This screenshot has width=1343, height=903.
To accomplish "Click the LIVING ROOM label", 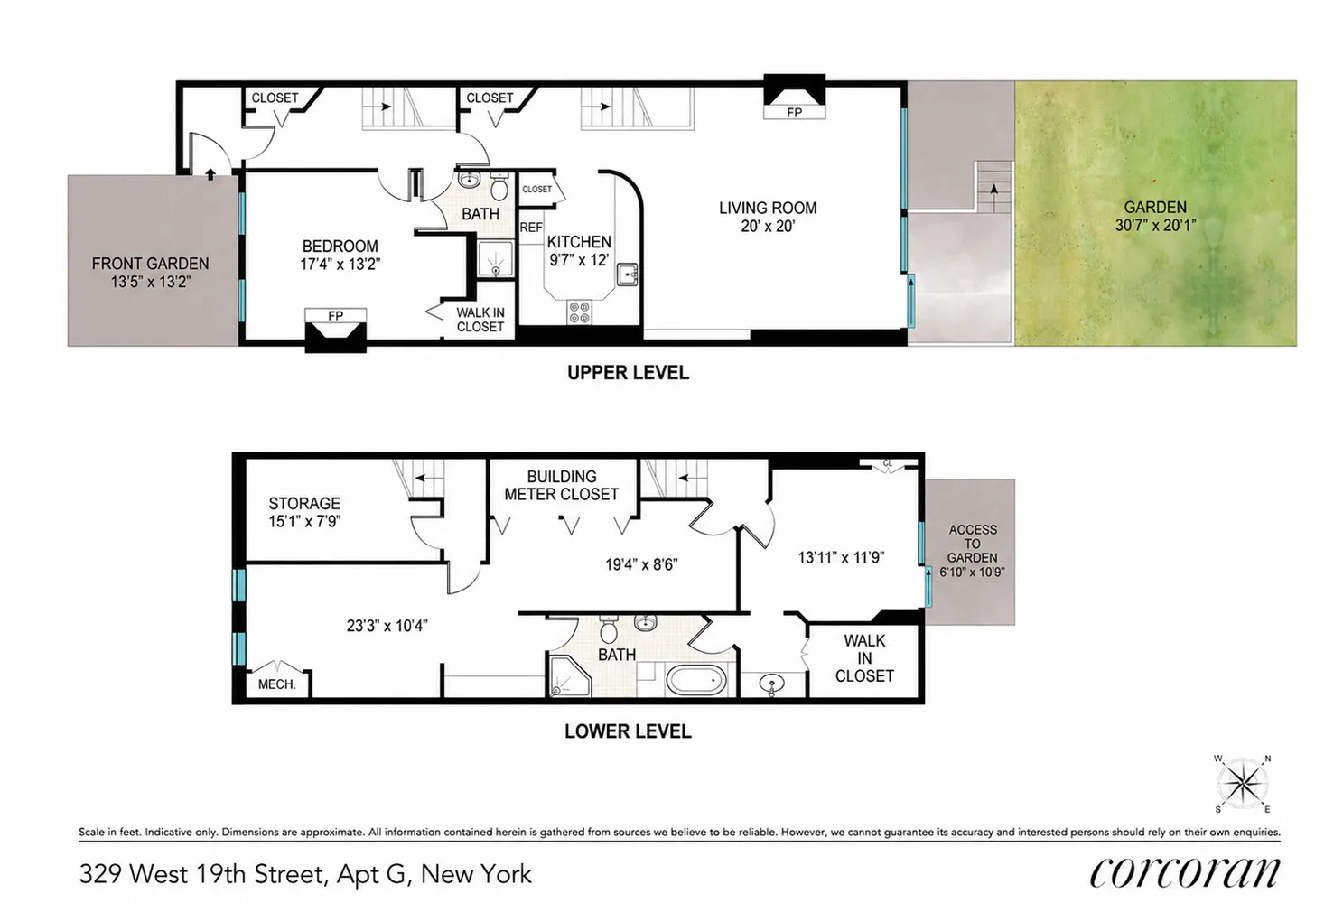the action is (x=768, y=208).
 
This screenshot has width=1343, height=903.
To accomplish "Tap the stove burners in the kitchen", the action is (x=580, y=312).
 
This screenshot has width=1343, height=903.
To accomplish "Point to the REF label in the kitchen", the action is (x=530, y=228).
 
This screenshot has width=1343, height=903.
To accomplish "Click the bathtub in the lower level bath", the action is (x=696, y=681).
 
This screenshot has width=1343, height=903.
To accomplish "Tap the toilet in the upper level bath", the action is (x=499, y=187).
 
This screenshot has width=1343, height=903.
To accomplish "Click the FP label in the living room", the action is (x=794, y=113).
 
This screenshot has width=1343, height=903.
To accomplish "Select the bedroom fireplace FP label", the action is (x=335, y=315).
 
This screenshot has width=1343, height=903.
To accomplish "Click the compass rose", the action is (x=1243, y=784).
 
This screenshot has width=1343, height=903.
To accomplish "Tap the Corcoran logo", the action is (x=1185, y=873).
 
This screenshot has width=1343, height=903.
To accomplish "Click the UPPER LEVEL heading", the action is (x=628, y=373).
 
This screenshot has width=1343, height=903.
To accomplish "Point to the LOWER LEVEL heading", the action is (x=628, y=731).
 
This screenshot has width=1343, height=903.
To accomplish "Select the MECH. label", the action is (x=277, y=684).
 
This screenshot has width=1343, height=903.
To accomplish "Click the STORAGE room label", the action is (x=304, y=503).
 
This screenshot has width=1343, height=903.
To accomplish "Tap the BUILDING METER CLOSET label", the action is (x=561, y=485).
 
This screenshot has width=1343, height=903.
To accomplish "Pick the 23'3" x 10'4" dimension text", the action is (x=387, y=626).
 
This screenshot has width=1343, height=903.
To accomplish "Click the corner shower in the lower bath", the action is (x=568, y=675).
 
